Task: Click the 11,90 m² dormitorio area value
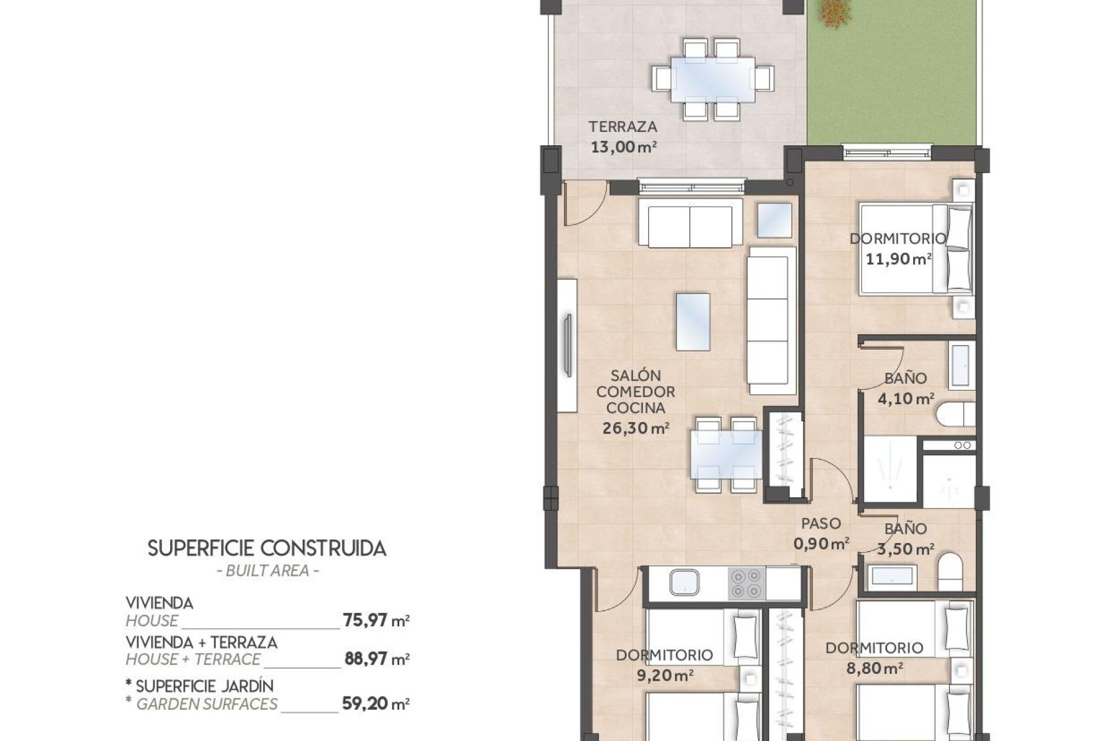point(898,259)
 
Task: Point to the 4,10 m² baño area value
point(906,399)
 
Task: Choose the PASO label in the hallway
point(821,523)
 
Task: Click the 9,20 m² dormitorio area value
point(663,674)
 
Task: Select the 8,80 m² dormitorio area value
point(874,669)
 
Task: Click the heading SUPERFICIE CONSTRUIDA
point(267,548)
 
